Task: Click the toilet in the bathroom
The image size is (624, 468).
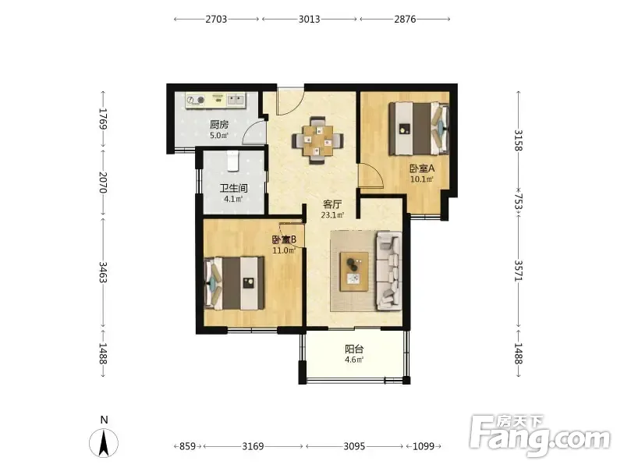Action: (x=232, y=161)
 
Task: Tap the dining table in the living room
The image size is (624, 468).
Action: (x=317, y=140)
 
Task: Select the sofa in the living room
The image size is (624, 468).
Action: (x=388, y=271)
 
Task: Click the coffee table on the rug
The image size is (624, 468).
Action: (x=354, y=271)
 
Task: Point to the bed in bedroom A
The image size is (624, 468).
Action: (x=419, y=129)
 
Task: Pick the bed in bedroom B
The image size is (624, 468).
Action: (x=235, y=283)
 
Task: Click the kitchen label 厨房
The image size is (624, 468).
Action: (x=219, y=125)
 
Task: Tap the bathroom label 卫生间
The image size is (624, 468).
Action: (x=233, y=188)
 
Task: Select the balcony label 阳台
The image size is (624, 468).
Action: (x=354, y=349)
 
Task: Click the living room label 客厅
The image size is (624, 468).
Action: (x=332, y=204)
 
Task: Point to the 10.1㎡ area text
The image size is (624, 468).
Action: (x=422, y=179)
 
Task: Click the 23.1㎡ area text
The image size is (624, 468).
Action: (x=333, y=215)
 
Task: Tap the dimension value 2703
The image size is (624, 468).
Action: (x=216, y=19)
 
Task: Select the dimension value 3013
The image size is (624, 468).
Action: (x=309, y=19)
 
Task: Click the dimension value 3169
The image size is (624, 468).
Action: (x=253, y=446)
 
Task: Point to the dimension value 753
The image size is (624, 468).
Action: (x=518, y=201)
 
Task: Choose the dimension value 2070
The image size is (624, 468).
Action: (x=103, y=183)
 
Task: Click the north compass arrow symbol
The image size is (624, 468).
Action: (x=104, y=443)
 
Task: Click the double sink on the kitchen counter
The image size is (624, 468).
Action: (x=236, y=100)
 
